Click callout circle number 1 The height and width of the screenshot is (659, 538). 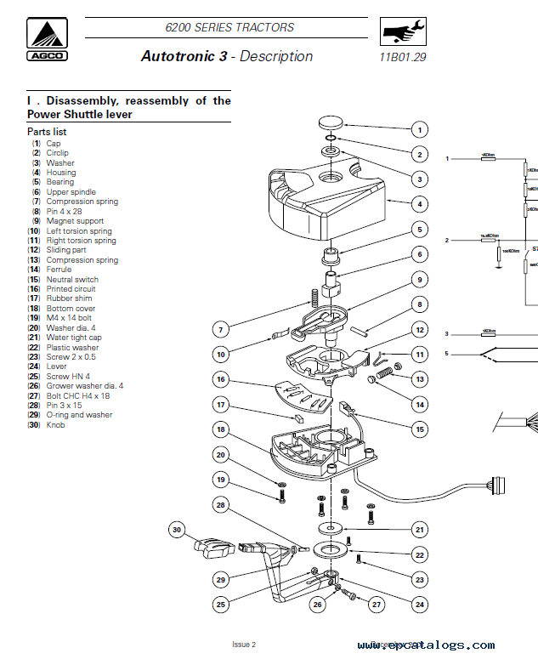pyautogui.click(x=418, y=130)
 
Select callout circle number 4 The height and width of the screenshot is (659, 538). pyautogui.click(x=418, y=204)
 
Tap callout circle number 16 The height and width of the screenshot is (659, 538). pyautogui.click(x=220, y=379)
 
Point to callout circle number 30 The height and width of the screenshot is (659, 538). pyautogui.click(x=176, y=530)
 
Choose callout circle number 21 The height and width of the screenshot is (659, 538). pyautogui.click(x=418, y=529)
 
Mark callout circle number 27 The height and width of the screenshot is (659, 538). pyautogui.click(x=376, y=605)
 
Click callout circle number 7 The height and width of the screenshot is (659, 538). pyautogui.click(x=220, y=328)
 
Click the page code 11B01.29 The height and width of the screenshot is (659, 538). pyautogui.click(x=403, y=58)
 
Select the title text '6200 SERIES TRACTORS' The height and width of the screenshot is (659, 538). pyautogui.click(x=229, y=27)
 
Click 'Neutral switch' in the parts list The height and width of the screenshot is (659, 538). pyautogui.click(x=72, y=280)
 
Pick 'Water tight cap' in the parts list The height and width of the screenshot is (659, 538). pyautogui.click(x=74, y=338)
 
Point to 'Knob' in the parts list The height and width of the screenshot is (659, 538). pyautogui.click(x=55, y=425)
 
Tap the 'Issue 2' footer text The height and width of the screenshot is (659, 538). pyautogui.click(x=243, y=645)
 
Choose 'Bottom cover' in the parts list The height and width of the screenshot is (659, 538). pyautogui.click(x=71, y=309)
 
